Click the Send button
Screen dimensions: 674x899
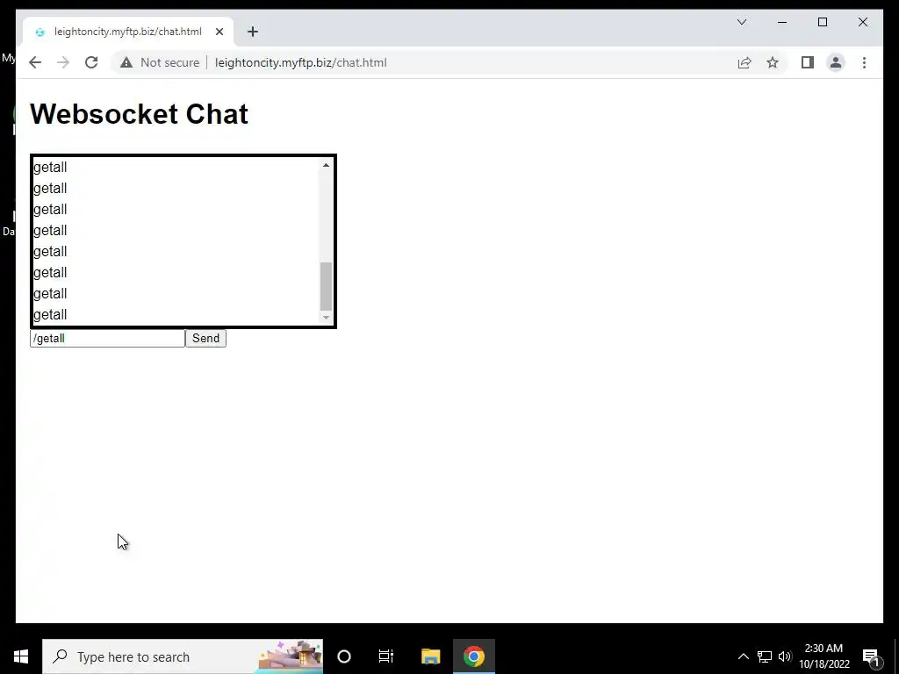205,339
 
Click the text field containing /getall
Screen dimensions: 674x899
107,339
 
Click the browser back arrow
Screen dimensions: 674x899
35,62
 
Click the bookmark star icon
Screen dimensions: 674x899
773,62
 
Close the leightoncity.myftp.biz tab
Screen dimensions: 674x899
219,32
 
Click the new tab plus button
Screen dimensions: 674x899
253,32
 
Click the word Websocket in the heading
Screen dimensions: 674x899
104,114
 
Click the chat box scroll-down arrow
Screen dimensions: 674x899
326,318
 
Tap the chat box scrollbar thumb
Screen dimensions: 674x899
326,286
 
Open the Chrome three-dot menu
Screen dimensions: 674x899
864,62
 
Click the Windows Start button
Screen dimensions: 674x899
21,656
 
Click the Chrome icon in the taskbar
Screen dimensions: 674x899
474,656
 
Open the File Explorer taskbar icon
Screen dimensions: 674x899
430,656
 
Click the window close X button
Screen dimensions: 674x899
863,22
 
